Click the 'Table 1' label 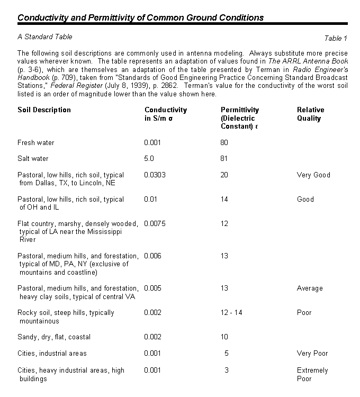(336, 38)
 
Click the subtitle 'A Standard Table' (45, 37)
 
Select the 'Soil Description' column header (44, 110)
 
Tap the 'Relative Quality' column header (310, 114)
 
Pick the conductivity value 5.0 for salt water (150, 159)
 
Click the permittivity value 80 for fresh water (224, 143)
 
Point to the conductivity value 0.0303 (155, 175)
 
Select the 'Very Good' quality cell (313, 175)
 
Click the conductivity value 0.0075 (155, 224)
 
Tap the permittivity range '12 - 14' (231, 313)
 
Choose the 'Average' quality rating (310, 288)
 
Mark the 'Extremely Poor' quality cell (312, 375)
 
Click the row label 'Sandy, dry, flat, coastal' (54, 337)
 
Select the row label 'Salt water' (33, 159)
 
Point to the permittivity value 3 (227, 371)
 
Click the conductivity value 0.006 (152, 256)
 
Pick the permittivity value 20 (224, 175)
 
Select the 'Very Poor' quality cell (312, 354)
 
